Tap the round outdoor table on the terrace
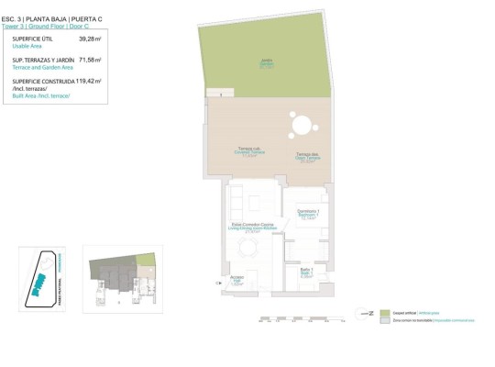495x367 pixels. (300, 124)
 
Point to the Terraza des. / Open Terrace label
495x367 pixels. (306, 156)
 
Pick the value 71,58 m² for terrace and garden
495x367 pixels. (90, 61)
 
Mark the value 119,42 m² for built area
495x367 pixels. (89, 81)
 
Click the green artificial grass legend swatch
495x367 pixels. (385, 313)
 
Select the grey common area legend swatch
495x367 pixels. (385, 319)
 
